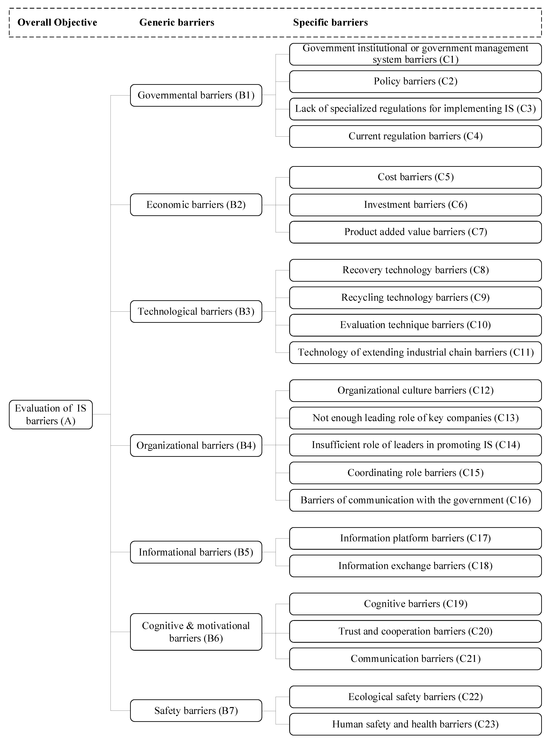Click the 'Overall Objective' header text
pyautogui.click(x=57, y=22)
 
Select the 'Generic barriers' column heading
pyautogui.click(x=177, y=22)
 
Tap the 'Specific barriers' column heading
pyautogui.click(x=331, y=22)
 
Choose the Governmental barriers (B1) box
pyautogui.click(x=196, y=95)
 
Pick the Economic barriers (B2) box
pyautogui.click(x=196, y=205)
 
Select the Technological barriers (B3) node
pyautogui.click(x=196, y=311)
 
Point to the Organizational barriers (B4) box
pyautogui.click(x=196, y=446)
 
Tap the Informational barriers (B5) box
pyautogui.click(x=196, y=552)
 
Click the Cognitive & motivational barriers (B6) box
pyautogui.click(x=196, y=632)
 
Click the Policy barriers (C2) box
pyautogui.click(x=415, y=81)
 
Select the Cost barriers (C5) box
pyautogui.click(x=415, y=177)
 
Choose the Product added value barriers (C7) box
pyautogui.click(x=415, y=232)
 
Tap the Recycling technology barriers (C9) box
pyautogui.click(x=415, y=298)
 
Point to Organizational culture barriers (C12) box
pyautogui.click(x=415, y=390)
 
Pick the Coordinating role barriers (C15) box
pyautogui.click(x=415, y=473)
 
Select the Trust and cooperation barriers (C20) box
pyautogui.click(x=415, y=632)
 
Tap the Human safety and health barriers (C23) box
pyautogui.click(x=415, y=724)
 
